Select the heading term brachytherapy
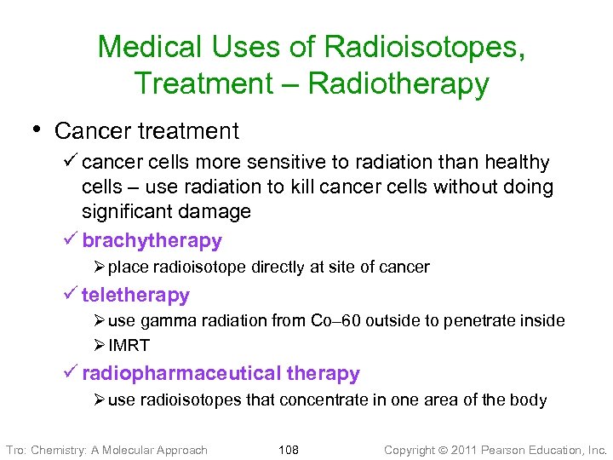coord(152,241)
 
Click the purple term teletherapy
coord(135,296)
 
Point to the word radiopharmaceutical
coord(181,374)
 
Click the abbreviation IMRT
coord(129,345)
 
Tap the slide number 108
coord(289,449)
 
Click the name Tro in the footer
coord(15,449)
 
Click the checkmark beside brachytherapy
coord(71,240)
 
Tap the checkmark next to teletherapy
coord(71,295)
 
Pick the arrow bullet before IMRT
coord(100,345)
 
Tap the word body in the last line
coord(528,400)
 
